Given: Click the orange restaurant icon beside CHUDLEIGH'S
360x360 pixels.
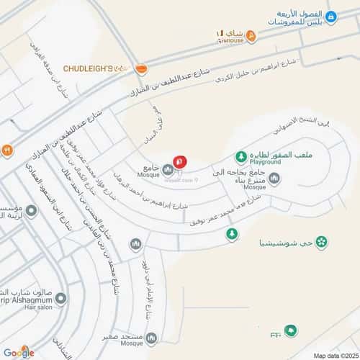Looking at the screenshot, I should [x=141, y=68].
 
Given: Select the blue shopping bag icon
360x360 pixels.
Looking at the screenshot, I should [x=330, y=17].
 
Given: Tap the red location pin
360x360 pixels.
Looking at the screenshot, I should [x=181, y=163].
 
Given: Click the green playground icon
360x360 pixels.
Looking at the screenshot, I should [x=240, y=156].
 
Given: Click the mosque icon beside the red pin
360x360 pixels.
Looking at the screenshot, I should [x=168, y=170].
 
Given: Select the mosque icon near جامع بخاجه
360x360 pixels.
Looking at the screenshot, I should [x=274, y=179].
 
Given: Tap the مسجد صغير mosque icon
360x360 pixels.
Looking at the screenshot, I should [x=150, y=338].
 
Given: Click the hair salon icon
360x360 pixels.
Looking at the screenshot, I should [x=60, y=297].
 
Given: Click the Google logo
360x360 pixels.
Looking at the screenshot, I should [x=18, y=351].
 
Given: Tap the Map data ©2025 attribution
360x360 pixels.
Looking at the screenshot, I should [x=333, y=355].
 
